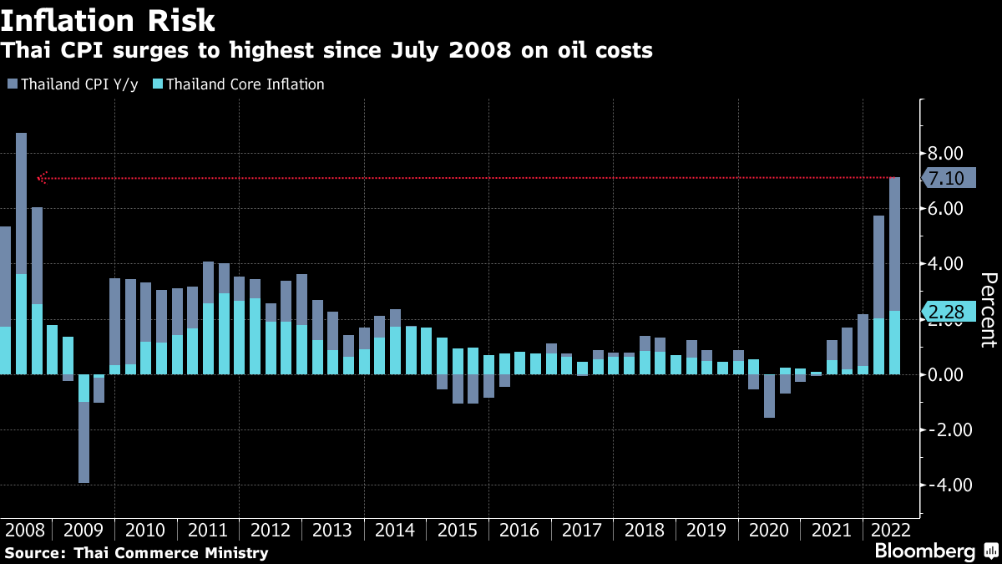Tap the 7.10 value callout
pos(947,178)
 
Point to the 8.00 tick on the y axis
pos(946,153)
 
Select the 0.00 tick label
pos(946,374)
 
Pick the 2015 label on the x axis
pos(458,531)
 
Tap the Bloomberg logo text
pos(924,551)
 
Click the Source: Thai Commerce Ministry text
pos(137,552)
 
